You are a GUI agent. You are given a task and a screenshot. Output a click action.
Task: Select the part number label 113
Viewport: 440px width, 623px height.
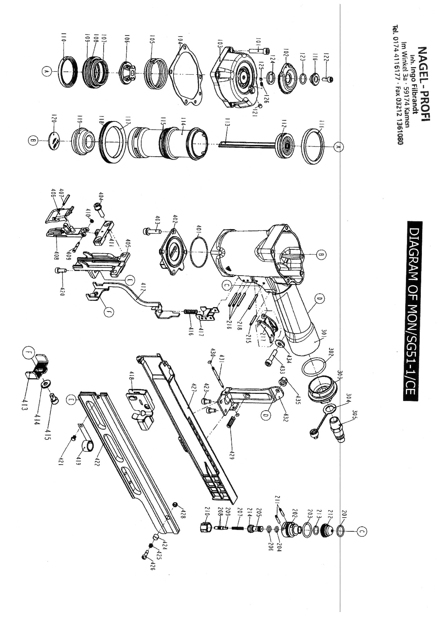click(227, 123)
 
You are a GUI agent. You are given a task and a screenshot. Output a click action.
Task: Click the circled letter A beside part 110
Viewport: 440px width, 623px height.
click(46, 71)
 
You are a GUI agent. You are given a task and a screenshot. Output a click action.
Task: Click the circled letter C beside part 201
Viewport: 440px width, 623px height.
click(361, 532)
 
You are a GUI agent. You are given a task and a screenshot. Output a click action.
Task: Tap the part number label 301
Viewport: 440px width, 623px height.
click(325, 334)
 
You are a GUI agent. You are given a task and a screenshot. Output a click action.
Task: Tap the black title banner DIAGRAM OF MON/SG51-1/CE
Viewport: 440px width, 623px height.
click(413, 311)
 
